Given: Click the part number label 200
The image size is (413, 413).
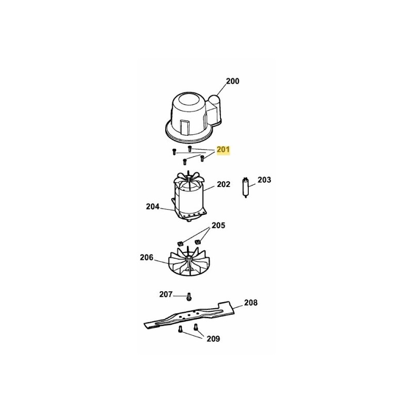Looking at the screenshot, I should tap(233, 81).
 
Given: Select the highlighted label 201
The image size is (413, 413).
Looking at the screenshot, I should tap(224, 150).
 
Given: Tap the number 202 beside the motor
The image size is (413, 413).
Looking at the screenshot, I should tap(223, 184).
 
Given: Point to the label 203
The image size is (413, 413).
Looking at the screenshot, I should tap(264, 180).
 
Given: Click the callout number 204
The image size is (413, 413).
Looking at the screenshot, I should tap(153, 206).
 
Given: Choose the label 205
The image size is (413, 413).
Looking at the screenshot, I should tap(218, 226).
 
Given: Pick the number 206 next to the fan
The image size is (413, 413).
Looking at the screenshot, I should tap(146, 257).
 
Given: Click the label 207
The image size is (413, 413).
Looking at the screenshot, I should tap(166, 294).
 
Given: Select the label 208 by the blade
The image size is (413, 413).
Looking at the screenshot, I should tap(250, 303).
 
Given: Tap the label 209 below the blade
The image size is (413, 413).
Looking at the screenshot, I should tap(213, 339).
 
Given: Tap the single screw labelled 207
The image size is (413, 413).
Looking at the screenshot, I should tap(189, 296).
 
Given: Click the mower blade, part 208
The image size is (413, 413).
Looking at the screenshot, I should tap(188, 315).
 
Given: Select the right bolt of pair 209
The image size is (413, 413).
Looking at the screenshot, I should tap(196, 327).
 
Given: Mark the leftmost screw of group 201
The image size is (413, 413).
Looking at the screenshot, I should tap(174, 152).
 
